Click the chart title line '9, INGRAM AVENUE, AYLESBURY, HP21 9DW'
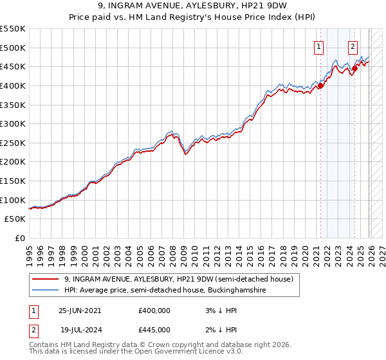pyautogui.click(x=193, y=7)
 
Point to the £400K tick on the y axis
pyautogui.click(x=13, y=85)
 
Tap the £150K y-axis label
pyautogui.click(x=13, y=181)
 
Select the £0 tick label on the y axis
pyautogui.click(x=20, y=239)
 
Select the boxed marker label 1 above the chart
pyautogui.click(x=320, y=46)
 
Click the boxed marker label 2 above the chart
pyautogui.click(x=353, y=46)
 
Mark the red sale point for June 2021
pyautogui.click(x=320, y=85)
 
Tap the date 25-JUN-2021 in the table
pyautogui.click(x=80, y=310)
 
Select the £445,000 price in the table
pyautogui.click(x=154, y=329)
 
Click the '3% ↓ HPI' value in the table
pyautogui.click(x=219, y=310)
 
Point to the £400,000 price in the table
pyautogui.click(x=154, y=310)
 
